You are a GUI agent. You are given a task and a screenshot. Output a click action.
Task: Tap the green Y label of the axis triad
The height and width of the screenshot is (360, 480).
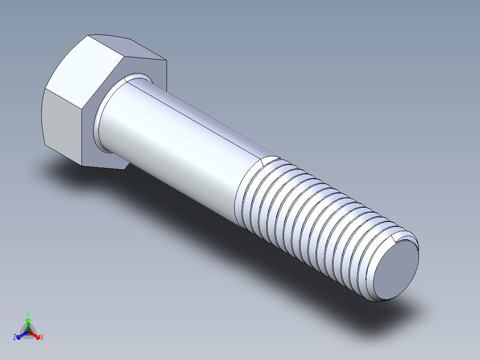tap(28, 313)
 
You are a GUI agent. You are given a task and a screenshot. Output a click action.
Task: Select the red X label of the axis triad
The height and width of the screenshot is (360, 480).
tap(42, 338)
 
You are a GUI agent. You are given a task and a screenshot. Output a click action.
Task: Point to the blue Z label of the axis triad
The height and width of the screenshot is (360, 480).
tap(15, 337)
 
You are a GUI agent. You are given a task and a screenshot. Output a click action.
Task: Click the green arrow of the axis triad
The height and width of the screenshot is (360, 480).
tap(28, 322)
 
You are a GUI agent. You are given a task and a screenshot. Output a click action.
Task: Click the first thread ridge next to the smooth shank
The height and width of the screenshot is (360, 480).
tap(243, 196)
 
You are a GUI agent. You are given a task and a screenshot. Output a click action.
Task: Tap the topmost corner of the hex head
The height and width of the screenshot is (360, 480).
tap(89, 35)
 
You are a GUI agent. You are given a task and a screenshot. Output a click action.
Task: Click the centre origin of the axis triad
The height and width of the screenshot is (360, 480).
tap(28, 332)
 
